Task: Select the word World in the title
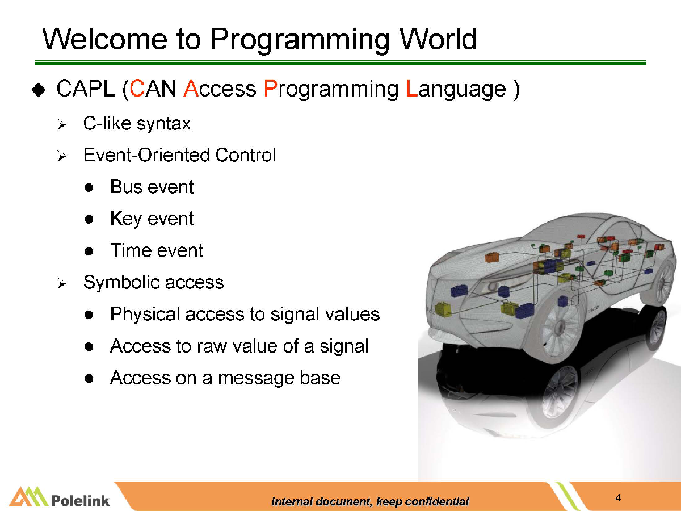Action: [x=438, y=39]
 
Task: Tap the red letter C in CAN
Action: [x=137, y=89]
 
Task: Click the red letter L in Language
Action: [x=412, y=89]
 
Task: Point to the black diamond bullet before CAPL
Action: [x=39, y=90]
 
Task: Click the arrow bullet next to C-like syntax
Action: [x=62, y=124]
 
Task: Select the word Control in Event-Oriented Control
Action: [x=245, y=155]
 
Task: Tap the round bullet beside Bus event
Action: [x=89, y=187]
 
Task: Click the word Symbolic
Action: [x=121, y=282]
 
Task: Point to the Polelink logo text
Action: [x=81, y=500]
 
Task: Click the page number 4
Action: [x=618, y=498]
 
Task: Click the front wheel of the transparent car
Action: [x=560, y=328]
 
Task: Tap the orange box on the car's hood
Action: [x=493, y=257]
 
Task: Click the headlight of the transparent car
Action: [x=492, y=286]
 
